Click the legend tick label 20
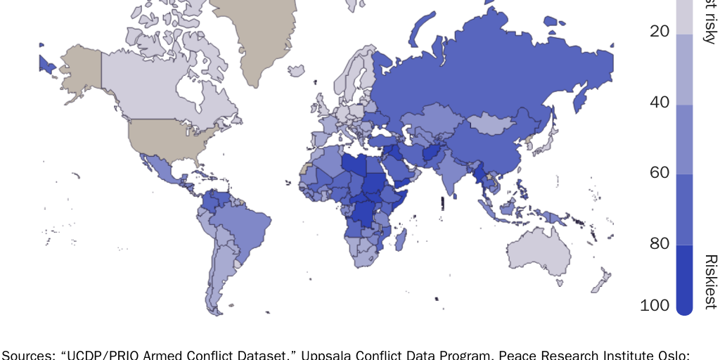[659, 32]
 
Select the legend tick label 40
[659, 103]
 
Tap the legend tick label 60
[659, 173]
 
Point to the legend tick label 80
[659, 244]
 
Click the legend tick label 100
[655, 305]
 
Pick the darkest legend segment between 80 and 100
[684, 278]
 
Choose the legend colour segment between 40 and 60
[684, 139]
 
